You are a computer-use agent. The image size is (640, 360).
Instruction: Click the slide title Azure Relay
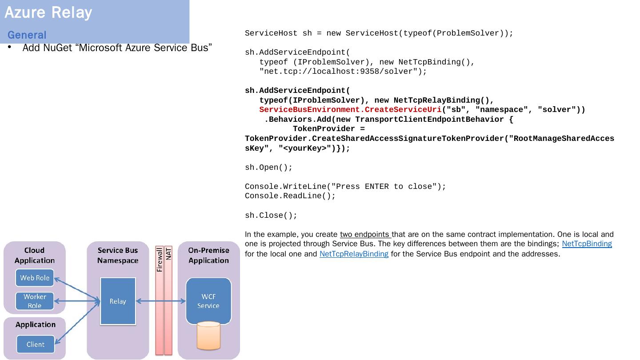click(x=48, y=12)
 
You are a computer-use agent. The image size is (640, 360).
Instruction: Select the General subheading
click(x=27, y=35)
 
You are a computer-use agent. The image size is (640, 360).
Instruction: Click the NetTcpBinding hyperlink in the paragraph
click(x=587, y=244)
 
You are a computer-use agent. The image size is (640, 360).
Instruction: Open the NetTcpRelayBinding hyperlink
click(x=354, y=254)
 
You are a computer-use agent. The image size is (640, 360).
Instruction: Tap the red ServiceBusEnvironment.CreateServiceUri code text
click(x=350, y=110)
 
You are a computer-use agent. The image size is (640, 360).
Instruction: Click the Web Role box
click(x=35, y=278)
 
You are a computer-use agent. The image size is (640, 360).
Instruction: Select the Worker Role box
click(x=35, y=301)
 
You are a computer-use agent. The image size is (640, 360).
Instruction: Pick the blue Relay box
click(x=118, y=301)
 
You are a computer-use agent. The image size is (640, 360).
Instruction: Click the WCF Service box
click(x=208, y=301)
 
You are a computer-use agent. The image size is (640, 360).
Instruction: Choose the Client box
click(x=35, y=344)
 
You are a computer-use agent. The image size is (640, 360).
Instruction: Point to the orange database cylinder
click(x=208, y=336)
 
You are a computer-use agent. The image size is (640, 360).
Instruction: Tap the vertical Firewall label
click(x=160, y=260)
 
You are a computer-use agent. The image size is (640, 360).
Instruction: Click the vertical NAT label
click(x=168, y=254)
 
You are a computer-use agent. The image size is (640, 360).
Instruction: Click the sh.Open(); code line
click(x=269, y=168)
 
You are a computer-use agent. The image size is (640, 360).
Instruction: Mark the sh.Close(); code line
click(x=271, y=216)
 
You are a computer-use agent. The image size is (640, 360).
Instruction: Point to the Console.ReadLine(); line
click(x=290, y=196)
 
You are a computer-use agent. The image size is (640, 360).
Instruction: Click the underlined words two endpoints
click(x=365, y=235)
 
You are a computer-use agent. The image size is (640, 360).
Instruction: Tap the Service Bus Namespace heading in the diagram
click(x=118, y=255)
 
